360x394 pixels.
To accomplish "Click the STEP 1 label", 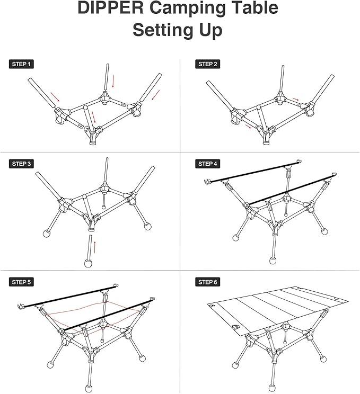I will point(22,64).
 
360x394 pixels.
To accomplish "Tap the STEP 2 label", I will point(208,64).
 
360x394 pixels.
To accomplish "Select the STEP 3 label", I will point(22,164).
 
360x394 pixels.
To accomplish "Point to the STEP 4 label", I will point(208,164).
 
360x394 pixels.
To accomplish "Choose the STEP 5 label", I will point(22,282).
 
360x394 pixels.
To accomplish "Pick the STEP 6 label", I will point(208,282).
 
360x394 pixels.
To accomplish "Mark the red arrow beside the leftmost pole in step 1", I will point(55,97).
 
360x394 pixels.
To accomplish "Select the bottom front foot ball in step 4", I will point(273,261).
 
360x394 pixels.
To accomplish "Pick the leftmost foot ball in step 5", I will point(51,365).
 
